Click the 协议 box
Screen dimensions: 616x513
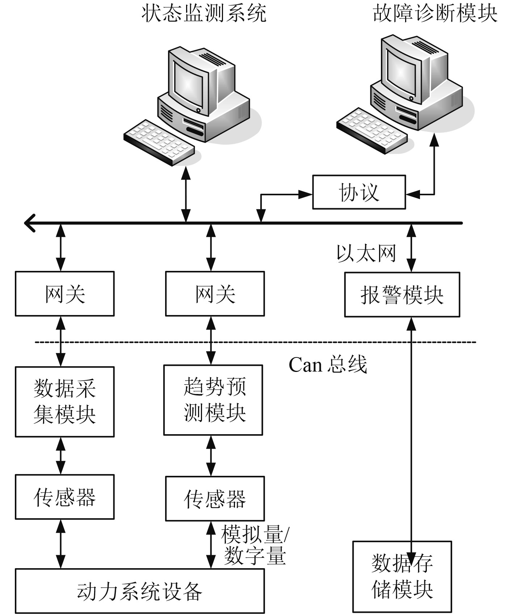[359, 192]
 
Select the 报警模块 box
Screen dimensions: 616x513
[402, 295]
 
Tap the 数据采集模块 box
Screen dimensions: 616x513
[64, 402]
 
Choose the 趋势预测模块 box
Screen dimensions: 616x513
[213, 400]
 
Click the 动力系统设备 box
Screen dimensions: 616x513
[140, 591]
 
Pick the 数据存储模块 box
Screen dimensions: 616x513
[402, 577]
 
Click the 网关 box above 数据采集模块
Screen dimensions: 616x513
[64, 294]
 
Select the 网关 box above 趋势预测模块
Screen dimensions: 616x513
[215, 294]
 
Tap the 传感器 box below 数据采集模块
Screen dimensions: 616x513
[64, 497]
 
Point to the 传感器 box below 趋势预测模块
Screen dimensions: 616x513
[215, 499]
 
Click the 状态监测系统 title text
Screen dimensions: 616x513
[204, 13]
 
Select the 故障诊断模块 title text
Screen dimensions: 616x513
[435, 13]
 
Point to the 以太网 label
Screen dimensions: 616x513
[366, 253]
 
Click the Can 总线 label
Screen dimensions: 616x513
[328, 365]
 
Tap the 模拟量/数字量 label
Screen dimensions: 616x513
[255, 545]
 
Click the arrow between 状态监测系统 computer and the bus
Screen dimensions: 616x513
[186, 194]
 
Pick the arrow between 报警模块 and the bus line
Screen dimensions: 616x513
[411, 248]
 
